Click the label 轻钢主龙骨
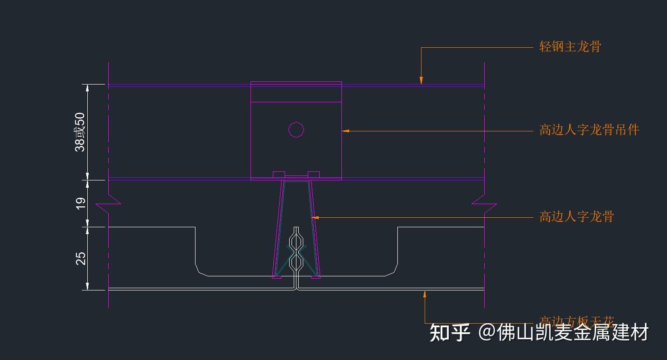570,46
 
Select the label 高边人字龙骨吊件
589,130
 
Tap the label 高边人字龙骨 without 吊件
577,217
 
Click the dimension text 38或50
80,132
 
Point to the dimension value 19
80,203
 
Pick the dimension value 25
80,258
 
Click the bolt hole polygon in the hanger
296,130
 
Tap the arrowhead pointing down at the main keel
421,80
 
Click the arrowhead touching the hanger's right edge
346,131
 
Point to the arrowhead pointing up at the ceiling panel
425,294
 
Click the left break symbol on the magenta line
109,204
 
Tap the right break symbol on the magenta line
484,204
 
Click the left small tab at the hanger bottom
279,175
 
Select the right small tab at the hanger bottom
314,175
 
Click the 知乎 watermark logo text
450,333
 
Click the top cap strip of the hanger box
296,92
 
